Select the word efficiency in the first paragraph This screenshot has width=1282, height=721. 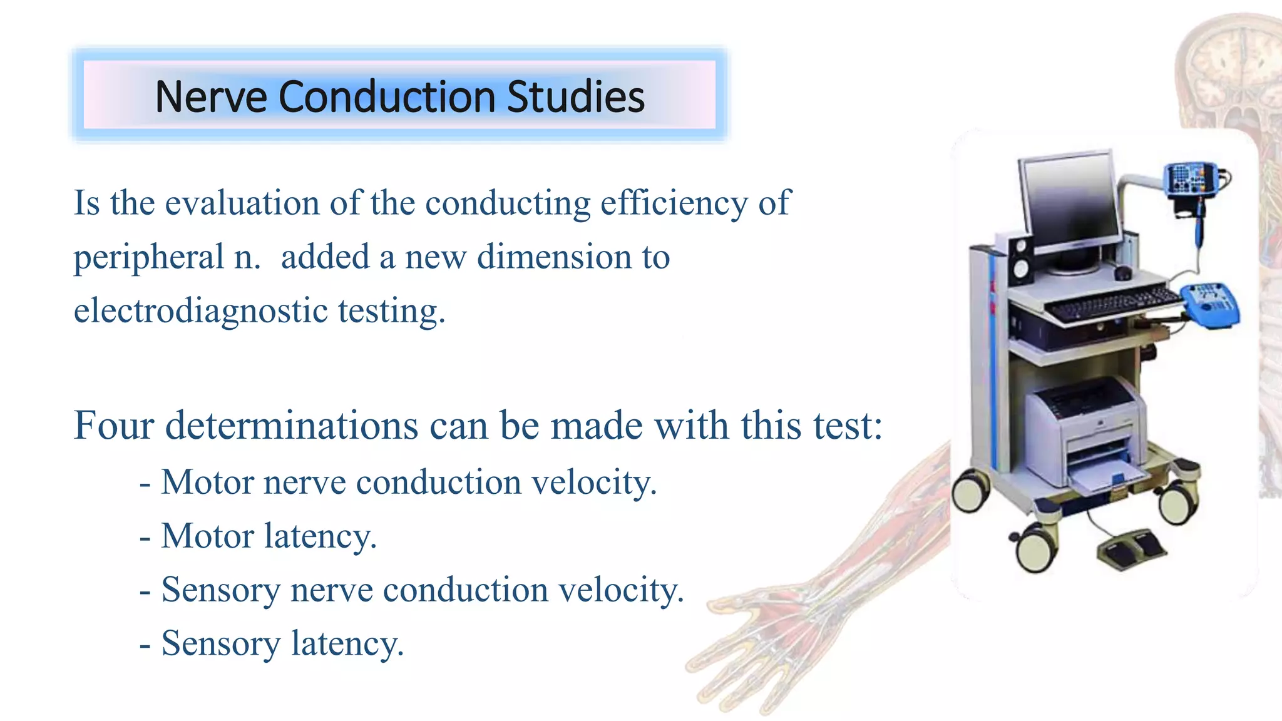tap(674, 203)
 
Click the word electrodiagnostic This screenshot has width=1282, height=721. tap(200, 310)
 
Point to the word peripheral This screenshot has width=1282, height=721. tap(148, 257)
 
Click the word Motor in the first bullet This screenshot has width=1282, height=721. tap(207, 483)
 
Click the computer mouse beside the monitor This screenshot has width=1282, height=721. tap(1122, 273)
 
